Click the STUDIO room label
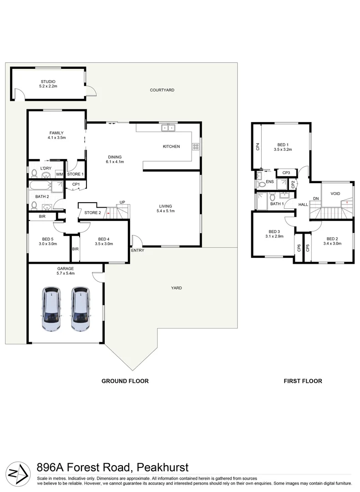pos(48,82)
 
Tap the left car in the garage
pos(51,308)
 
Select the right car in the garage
pos(81,308)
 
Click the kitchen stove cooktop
pos(196,147)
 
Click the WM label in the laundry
pos(59,174)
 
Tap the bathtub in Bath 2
pos(40,186)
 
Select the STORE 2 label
pos(93,212)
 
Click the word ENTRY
pos(137,251)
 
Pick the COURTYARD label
pos(162,90)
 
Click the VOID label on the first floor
pos(335,194)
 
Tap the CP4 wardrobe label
pos(258,147)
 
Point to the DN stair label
pos(316,198)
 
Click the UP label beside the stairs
pos(122,202)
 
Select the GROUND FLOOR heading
pos(125,381)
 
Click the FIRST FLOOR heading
pos(303,381)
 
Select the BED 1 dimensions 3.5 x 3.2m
pos(283,149)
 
